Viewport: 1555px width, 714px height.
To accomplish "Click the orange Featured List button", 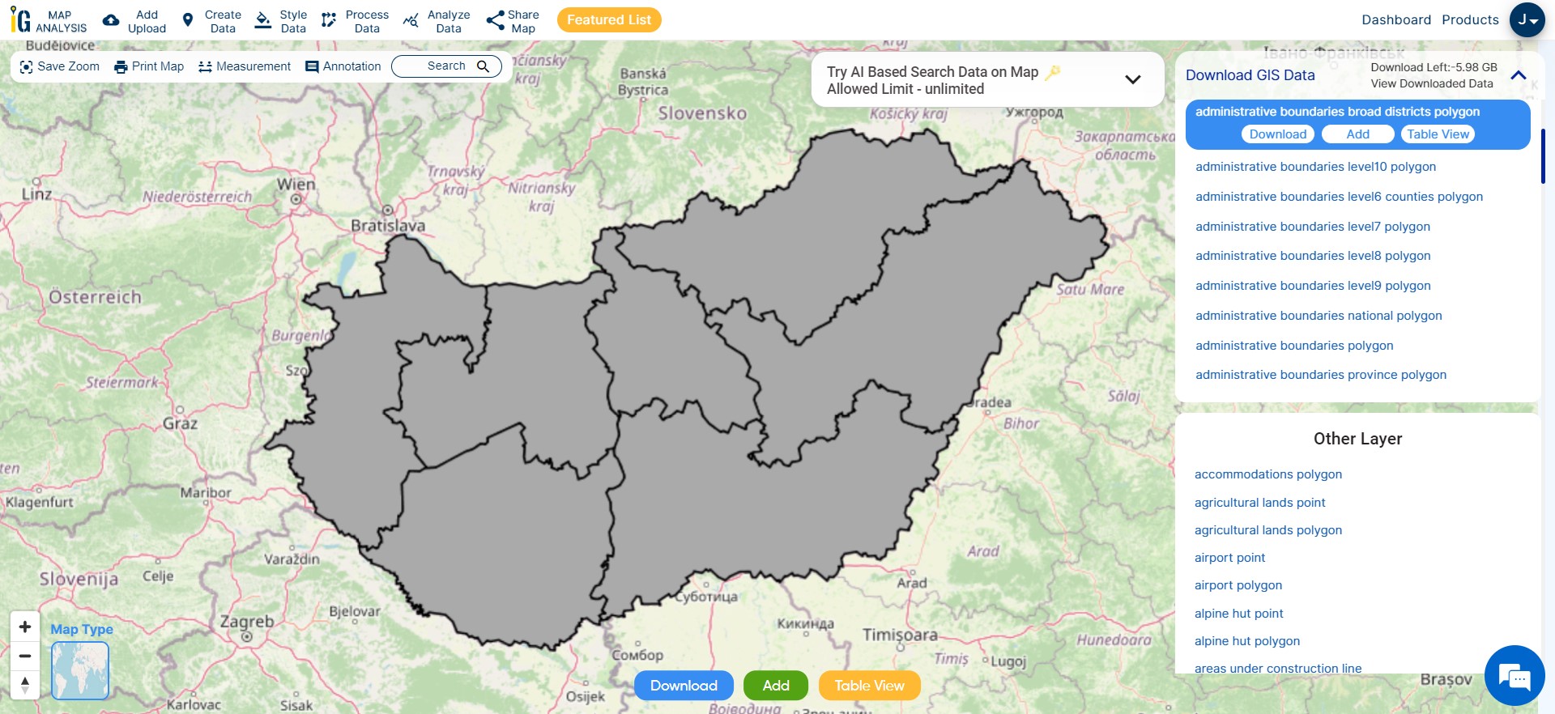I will click(x=609, y=20).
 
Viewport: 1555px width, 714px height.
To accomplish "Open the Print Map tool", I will click(x=149, y=66).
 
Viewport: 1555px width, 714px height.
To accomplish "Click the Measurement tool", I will click(x=245, y=66).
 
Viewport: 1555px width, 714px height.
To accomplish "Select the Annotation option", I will click(x=343, y=66).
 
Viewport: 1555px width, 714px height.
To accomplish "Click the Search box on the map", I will click(x=446, y=66).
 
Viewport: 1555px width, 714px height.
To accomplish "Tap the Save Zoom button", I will click(x=60, y=66).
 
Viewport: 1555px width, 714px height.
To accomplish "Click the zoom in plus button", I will click(x=25, y=627).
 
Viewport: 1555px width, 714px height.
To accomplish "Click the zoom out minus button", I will click(x=25, y=656).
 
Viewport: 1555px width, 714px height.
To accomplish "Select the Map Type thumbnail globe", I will click(x=80, y=670).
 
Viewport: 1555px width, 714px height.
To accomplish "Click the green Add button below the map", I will click(x=775, y=686).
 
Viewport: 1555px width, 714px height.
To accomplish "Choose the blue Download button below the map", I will click(x=684, y=686).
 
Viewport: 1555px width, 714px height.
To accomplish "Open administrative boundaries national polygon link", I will click(x=1319, y=316).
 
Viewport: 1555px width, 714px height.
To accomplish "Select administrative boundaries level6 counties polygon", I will click(x=1339, y=197).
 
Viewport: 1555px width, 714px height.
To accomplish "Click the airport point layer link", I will click(x=1229, y=558).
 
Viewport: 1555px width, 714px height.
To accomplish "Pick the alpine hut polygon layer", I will click(x=1246, y=641).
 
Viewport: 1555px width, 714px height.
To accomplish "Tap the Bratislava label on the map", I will click(x=388, y=226).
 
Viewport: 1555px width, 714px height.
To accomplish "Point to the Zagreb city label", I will click(x=247, y=622).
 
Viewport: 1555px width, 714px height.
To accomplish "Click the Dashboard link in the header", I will click(x=1396, y=20).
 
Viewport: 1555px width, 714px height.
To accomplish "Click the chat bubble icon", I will click(x=1514, y=676).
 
